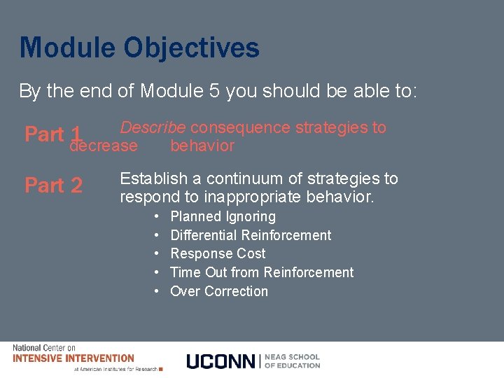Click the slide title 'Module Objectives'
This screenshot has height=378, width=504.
(x=139, y=48)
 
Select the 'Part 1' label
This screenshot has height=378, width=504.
(x=55, y=134)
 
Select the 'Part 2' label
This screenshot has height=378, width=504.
(x=53, y=185)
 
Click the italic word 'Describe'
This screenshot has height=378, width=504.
(x=153, y=127)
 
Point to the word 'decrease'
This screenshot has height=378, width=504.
(x=104, y=146)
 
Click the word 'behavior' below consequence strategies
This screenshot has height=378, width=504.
(x=202, y=146)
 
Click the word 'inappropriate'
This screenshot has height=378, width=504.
(x=251, y=197)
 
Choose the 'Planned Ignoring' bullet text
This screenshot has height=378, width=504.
(x=223, y=217)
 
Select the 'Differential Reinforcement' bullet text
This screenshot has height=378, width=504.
(x=251, y=235)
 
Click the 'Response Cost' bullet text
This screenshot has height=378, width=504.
(x=218, y=253)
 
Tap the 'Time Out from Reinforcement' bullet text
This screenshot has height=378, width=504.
(x=262, y=272)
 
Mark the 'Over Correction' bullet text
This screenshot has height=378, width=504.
(x=219, y=291)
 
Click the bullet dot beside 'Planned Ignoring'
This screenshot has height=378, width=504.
(x=157, y=217)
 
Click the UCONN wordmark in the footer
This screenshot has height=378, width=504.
(x=221, y=361)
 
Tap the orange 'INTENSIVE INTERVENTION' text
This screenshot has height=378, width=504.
(x=73, y=358)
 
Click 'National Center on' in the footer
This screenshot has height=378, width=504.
(x=45, y=348)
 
